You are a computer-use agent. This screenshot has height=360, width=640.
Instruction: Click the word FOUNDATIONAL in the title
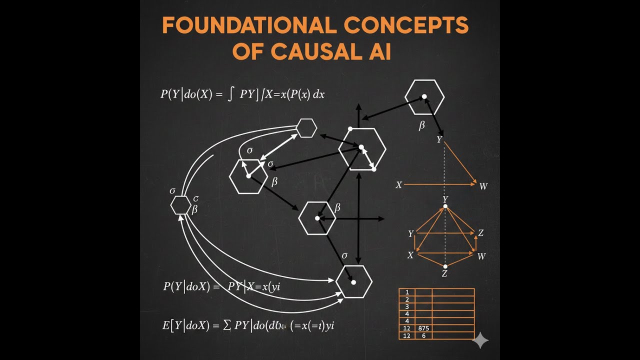tap(241, 25)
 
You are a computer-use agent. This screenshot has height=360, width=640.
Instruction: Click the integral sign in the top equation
tap(230, 94)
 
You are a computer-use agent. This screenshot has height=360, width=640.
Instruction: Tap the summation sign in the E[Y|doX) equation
tap(227, 326)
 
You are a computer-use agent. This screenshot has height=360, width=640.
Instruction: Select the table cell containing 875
tap(423, 328)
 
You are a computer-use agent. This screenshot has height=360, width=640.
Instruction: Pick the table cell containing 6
tap(423, 335)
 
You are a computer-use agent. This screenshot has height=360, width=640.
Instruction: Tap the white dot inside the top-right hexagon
tap(424, 96)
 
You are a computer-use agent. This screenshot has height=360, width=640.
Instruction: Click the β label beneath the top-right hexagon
tap(421, 125)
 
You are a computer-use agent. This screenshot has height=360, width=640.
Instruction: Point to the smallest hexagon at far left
tap(180, 205)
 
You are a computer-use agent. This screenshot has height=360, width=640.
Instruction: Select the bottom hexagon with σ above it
tap(353, 282)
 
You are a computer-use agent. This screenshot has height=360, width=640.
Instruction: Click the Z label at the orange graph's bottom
tap(444, 274)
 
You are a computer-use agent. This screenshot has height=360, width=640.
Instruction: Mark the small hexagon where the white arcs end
tap(306, 128)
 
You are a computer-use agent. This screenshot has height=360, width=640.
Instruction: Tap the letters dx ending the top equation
tap(318, 94)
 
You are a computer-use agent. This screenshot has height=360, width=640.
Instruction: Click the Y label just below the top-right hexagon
tap(439, 140)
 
